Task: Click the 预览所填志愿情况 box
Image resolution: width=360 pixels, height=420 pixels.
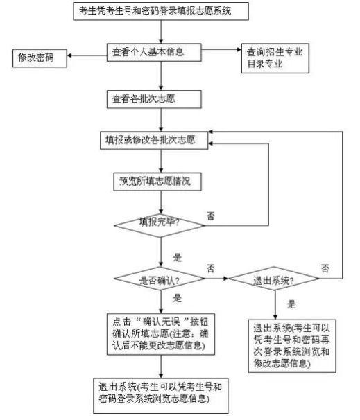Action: [155, 182]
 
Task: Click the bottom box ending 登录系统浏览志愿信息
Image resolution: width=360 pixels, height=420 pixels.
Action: [161, 392]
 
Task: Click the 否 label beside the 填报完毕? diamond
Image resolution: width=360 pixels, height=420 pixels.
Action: [210, 216]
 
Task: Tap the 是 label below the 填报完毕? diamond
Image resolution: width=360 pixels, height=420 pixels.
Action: [177, 256]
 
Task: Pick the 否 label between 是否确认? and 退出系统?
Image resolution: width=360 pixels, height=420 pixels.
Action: [211, 267]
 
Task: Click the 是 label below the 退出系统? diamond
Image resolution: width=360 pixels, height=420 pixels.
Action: [291, 303]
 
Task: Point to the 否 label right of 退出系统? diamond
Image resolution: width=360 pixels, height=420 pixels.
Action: [325, 268]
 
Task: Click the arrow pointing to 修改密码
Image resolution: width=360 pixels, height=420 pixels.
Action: [83, 52]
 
